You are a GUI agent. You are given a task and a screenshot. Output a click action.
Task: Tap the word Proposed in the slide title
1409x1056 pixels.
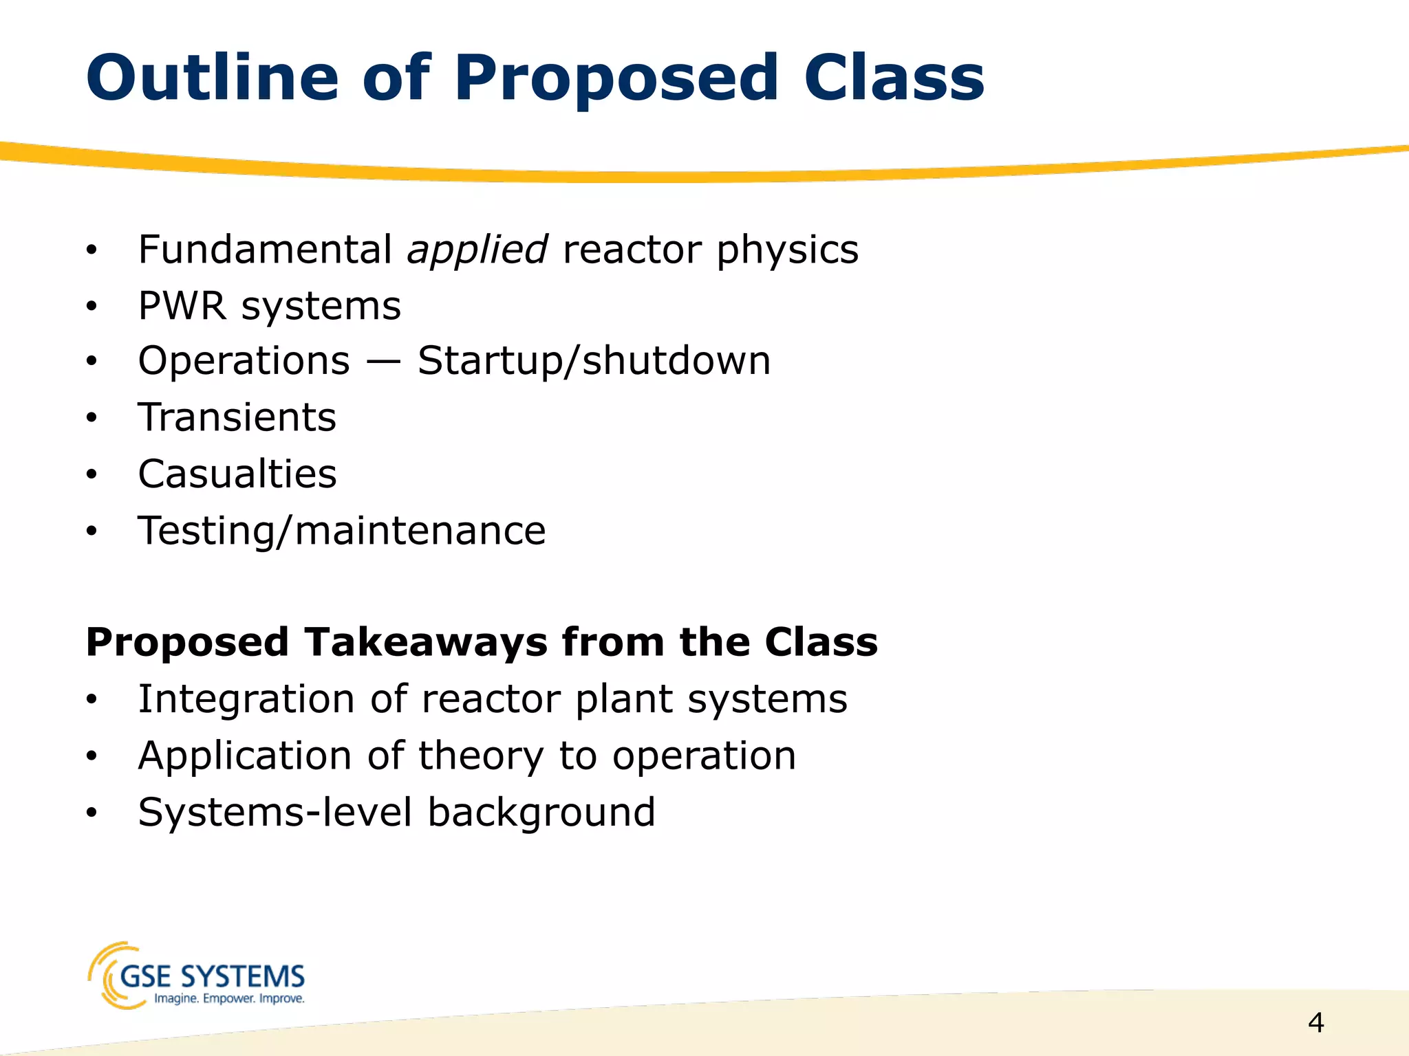click(616, 79)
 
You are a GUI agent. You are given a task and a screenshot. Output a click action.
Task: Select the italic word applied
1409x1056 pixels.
click(477, 250)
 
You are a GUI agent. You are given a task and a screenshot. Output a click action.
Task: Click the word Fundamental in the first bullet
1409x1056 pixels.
click(265, 249)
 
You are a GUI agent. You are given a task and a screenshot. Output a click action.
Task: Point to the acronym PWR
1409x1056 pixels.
click(182, 306)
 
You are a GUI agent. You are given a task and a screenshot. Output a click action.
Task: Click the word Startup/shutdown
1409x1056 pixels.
click(594, 361)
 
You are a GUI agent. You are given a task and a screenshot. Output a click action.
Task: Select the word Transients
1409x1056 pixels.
click(237, 417)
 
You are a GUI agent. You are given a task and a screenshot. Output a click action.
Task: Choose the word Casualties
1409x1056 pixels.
click(237, 474)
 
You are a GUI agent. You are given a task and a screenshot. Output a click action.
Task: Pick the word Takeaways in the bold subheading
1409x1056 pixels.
click(427, 642)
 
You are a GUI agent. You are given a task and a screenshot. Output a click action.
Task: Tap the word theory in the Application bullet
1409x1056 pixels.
click(481, 756)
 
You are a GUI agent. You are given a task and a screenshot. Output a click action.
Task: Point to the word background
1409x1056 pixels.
click(541, 813)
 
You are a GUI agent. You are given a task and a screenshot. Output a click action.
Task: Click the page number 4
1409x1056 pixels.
click(1315, 1023)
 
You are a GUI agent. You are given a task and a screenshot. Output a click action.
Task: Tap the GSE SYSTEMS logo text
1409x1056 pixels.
click(212, 976)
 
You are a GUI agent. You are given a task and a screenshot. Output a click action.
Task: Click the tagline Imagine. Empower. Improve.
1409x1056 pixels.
click(229, 999)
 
